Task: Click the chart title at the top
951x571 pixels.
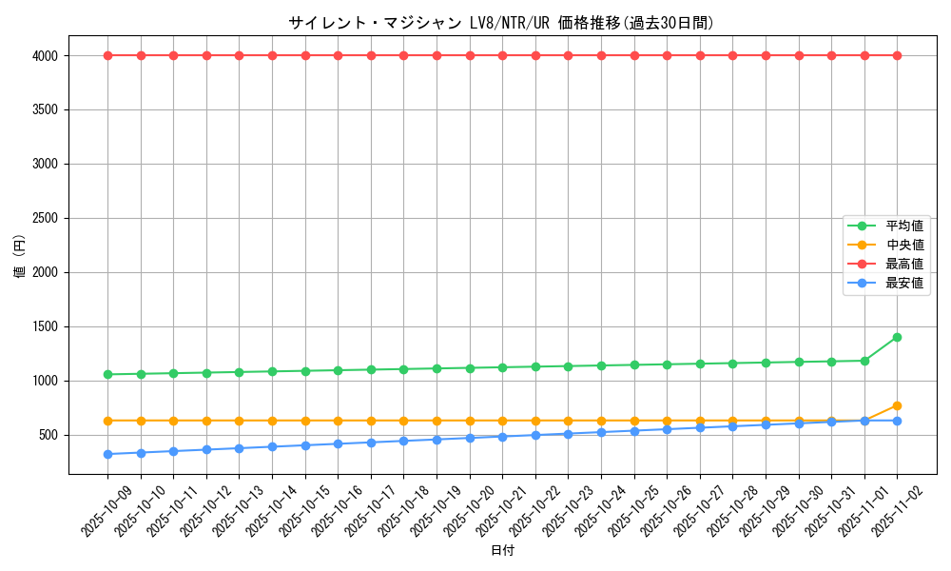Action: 501,23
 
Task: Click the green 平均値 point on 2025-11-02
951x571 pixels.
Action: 897,337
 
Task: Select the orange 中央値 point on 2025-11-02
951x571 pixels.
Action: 897,405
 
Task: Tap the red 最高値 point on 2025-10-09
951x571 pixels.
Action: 108,55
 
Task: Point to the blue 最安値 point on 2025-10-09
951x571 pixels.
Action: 108,454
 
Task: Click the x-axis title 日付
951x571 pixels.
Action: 502,551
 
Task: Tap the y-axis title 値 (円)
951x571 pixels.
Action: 20,257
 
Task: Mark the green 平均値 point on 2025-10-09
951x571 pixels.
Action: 108,374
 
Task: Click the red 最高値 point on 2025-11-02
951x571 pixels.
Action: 897,55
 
